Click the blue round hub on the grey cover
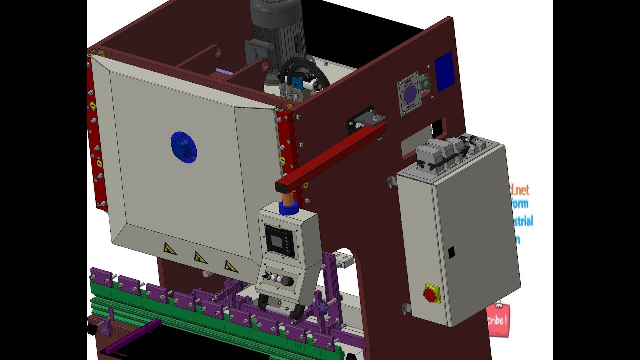pyautogui.click(x=183, y=147)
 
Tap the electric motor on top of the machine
pyautogui.click(x=278, y=30)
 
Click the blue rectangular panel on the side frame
pyautogui.click(x=444, y=72)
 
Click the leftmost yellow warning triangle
pyautogui.click(x=170, y=248)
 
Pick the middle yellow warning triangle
pyautogui.click(x=200, y=257)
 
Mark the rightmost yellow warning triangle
pyautogui.click(x=230, y=266)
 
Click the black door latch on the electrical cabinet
pyautogui.click(x=451, y=252)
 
